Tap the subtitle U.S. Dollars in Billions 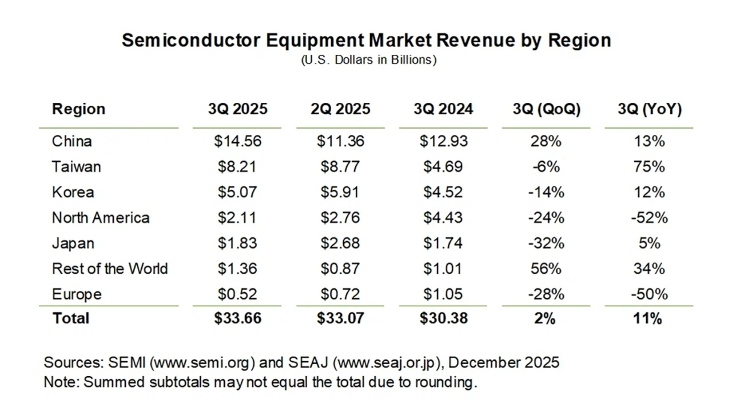point(369,60)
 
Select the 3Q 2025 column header point(237,109)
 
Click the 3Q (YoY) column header point(649,109)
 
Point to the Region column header point(78,109)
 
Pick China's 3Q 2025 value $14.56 point(237,141)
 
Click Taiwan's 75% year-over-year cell point(649,167)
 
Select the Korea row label point(73,192)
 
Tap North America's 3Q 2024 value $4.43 point(443,218)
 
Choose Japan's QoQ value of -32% point(546,243)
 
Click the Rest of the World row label point(110,269)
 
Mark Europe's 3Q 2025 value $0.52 point(237,294)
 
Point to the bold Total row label point(71,318)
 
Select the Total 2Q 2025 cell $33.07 point(340,318)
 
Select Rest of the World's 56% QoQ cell point(546,269)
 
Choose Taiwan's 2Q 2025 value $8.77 point(340,167)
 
